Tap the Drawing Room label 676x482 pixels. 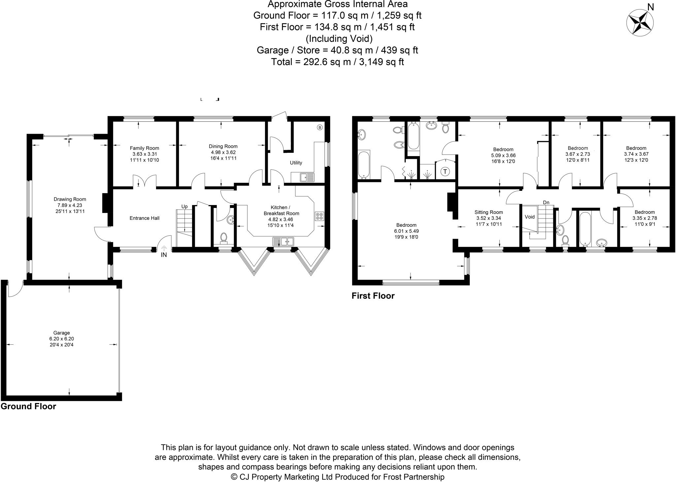click(x=70, y=199)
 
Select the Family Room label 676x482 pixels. click(x=144, y=148)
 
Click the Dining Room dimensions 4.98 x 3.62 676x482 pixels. click(x=223, y=152)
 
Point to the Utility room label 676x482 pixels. click(x=296, y=163)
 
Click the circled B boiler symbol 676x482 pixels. click(x=319, y=127)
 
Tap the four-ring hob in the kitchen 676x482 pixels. click(x=319, y=216)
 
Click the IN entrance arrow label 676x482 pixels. click(x=164, y=255)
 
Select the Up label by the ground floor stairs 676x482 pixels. click(x=184, y=207)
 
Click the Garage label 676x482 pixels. click(x=62, y=333)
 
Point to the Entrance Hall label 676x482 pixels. click(x=144, y=218)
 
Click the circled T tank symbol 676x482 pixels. click(x=445, y=171)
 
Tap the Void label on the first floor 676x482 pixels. click(x=529, y=217)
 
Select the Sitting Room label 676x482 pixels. click(x=489, y=212)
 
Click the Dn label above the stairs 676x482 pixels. click(x=546, y=202)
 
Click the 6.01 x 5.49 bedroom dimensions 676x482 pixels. click(x=406, y=231)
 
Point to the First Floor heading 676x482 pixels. click(x=373, y=296)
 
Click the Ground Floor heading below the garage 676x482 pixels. click(x=28, y=406)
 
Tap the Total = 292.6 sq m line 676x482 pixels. click(x=337, y=62)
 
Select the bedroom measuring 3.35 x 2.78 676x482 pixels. click(x=644, y=218)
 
